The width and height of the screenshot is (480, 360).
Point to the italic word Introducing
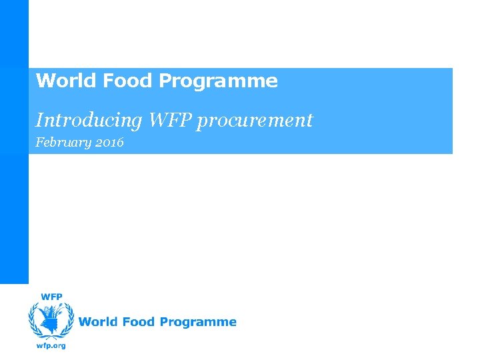click(89, 121)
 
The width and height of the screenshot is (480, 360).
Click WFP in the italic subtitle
click(172, 120)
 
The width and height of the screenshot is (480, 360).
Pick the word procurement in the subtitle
click(257, 121)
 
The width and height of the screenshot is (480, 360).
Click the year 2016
click(109, 143)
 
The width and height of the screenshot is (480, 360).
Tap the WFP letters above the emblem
click(53, 297)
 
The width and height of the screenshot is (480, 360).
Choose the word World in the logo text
click(98, 322)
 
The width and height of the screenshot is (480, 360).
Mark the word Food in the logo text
click(139, 322)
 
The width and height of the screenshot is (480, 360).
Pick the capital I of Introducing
click(39, 121)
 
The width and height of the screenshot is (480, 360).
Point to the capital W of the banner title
click(44, 81)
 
